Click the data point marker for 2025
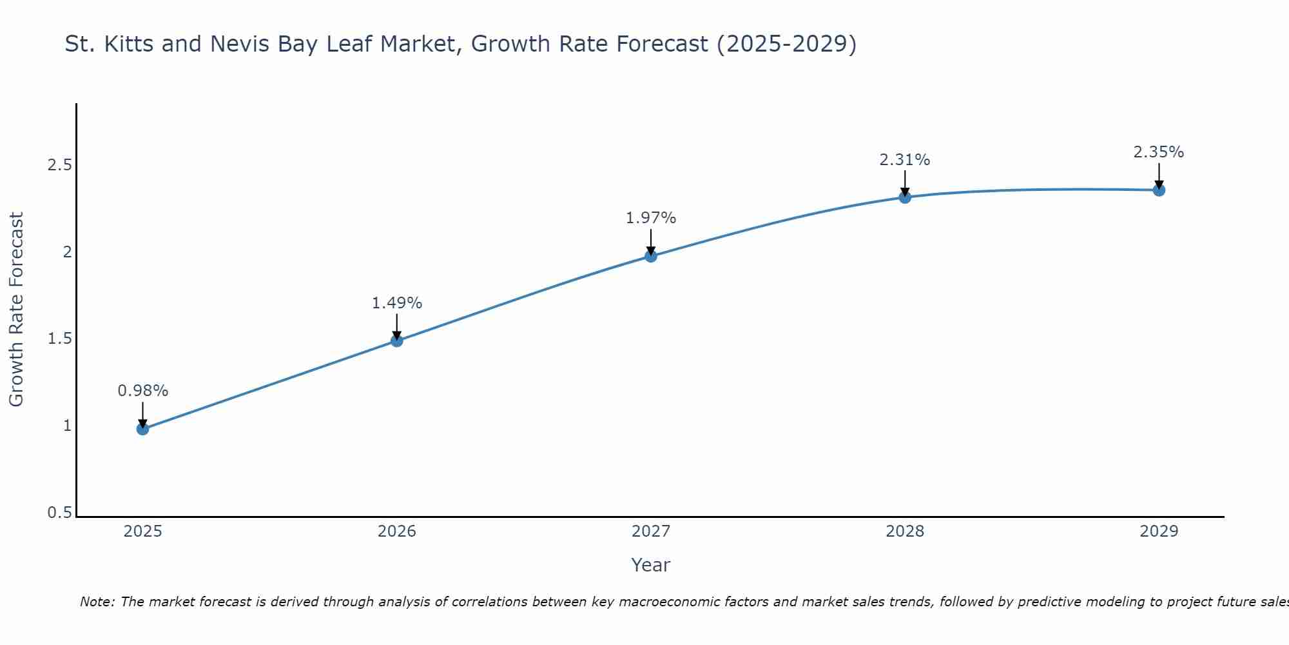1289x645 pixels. coord(143,429)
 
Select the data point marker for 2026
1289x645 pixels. coord(397,341)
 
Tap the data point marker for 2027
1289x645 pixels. coord(651,256)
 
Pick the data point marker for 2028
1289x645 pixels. coord(905,197)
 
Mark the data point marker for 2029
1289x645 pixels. coord(1159,190)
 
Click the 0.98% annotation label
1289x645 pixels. coord(143,391)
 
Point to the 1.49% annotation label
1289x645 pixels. coord(397,303)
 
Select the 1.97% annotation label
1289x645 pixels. coord(651,218)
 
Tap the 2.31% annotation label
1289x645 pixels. coord(905,160)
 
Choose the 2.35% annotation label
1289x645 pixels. coord(1159,152)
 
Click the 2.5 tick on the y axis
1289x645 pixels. coord(59,165)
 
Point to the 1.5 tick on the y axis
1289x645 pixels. coord(59,339)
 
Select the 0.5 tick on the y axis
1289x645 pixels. coord(59,513)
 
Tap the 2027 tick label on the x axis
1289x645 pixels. coord(651,531)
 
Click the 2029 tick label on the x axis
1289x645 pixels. coord(1159,531)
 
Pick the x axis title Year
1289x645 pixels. coord(651,565)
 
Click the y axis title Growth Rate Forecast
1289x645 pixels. coord(17,310)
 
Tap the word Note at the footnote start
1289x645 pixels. coord(97,602)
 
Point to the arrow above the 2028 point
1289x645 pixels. coord(905,182)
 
